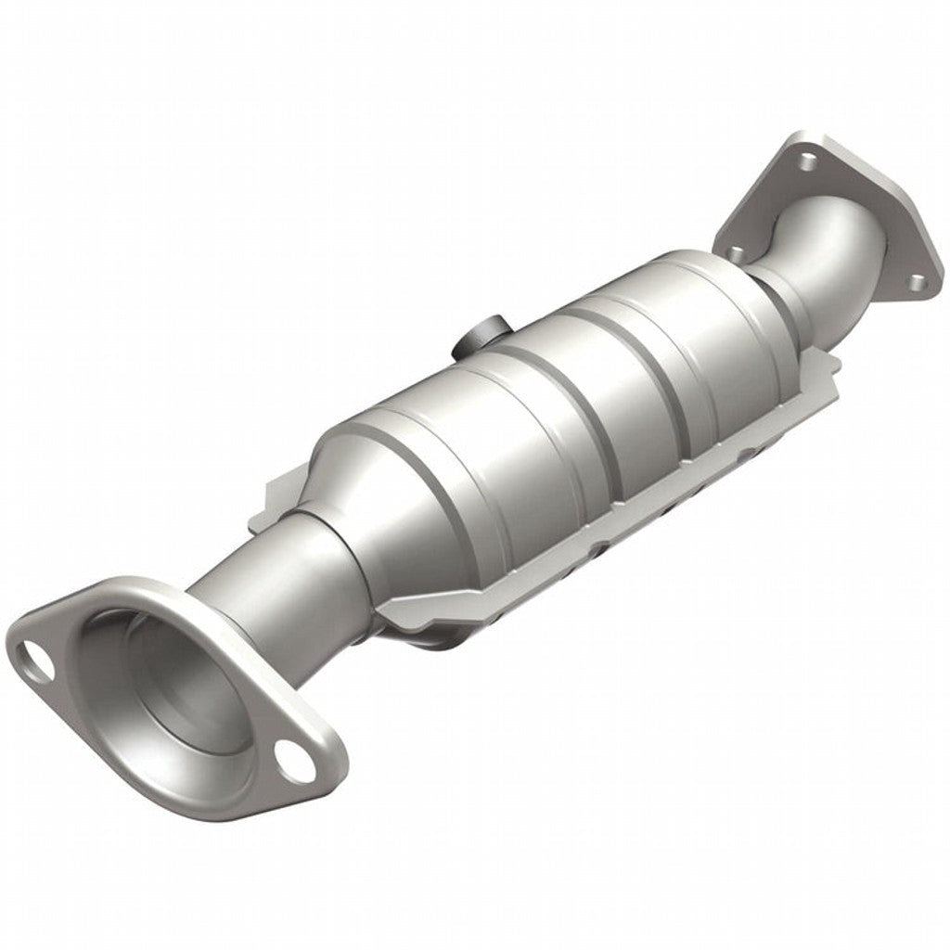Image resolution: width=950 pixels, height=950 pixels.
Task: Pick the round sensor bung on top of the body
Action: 481,338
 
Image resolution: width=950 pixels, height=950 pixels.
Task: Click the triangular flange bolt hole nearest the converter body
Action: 736,250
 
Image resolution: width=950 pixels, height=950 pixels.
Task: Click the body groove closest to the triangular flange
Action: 668,371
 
